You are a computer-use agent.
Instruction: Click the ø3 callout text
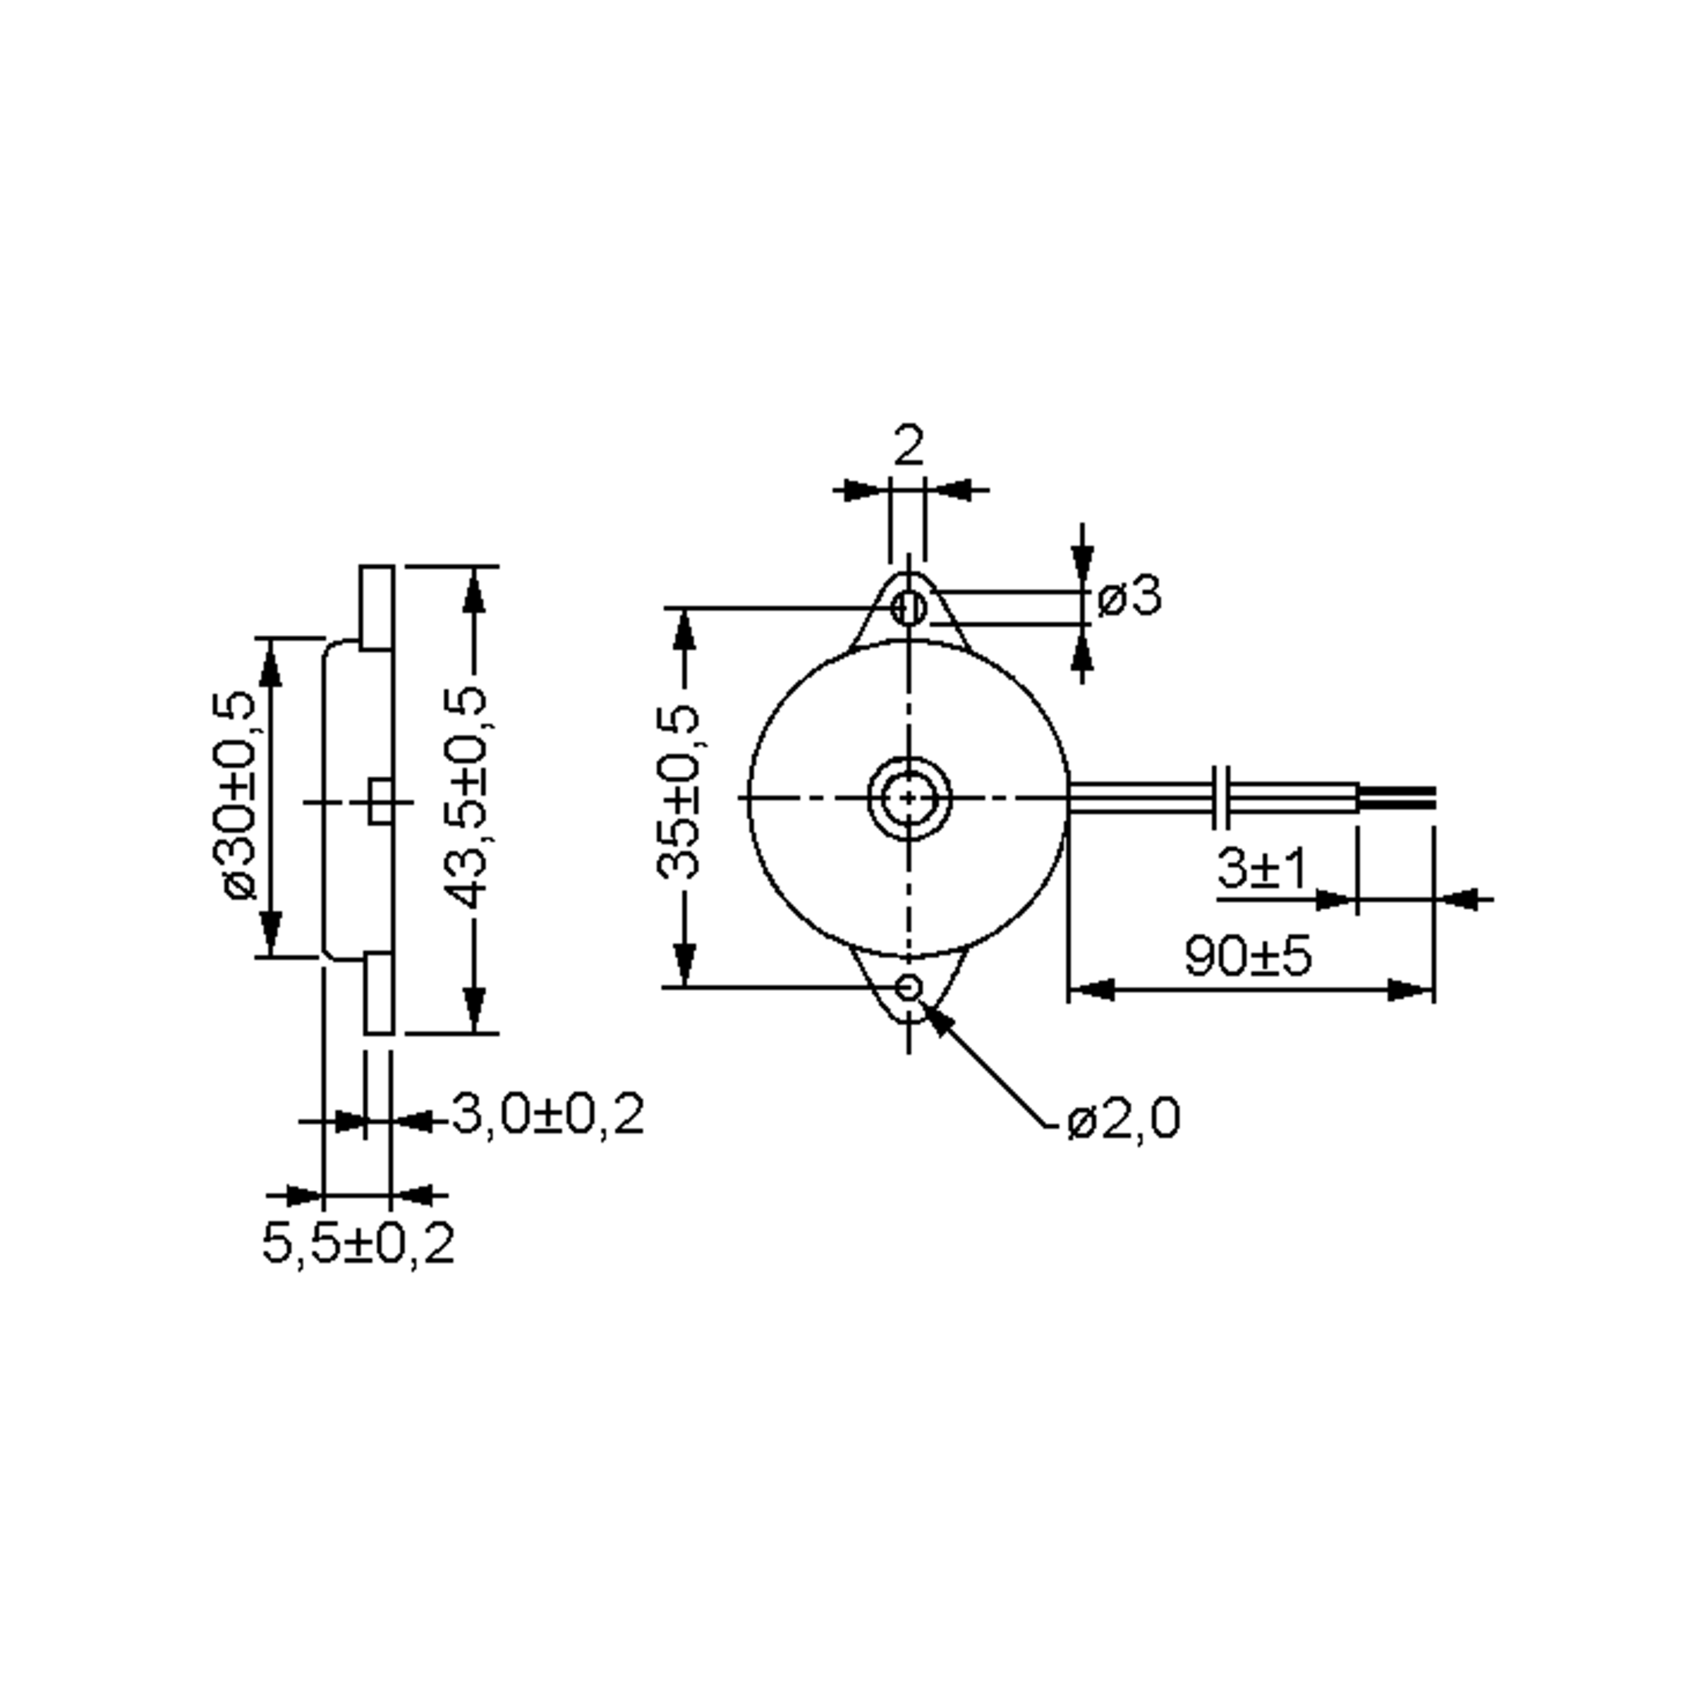[x=1129, y=597]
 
